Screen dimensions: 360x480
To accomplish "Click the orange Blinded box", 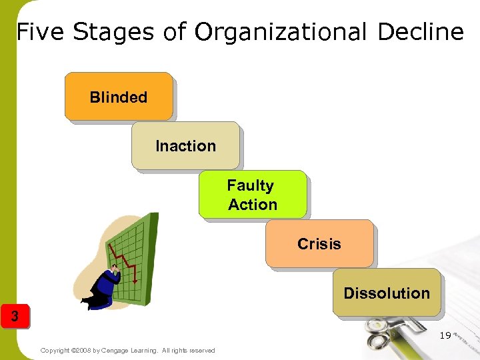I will [119, 97].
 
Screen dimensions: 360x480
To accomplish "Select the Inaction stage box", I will [185, 145].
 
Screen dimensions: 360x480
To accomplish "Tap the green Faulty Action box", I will [253, 195].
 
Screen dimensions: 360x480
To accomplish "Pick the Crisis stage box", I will [319, 244].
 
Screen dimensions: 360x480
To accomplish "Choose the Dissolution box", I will [387, 293].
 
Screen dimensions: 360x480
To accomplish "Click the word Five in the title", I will [41, 31].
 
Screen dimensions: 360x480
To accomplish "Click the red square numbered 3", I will [15, 315].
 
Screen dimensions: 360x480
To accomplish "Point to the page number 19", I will [445, 335].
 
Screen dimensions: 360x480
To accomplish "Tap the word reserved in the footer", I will [201, 351].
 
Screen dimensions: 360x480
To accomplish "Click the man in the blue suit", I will [107, 287].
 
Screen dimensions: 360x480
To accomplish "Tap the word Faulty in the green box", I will [250, 185].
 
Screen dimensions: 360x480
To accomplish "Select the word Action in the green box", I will [253, 205].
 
